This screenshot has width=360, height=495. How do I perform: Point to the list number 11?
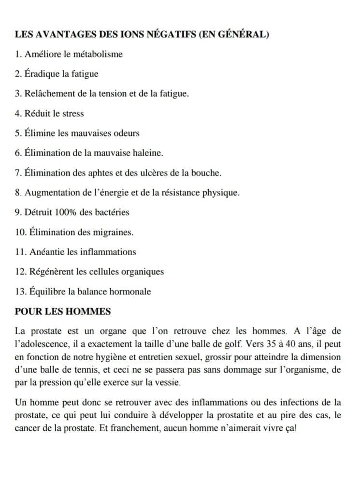click(21, 252)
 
